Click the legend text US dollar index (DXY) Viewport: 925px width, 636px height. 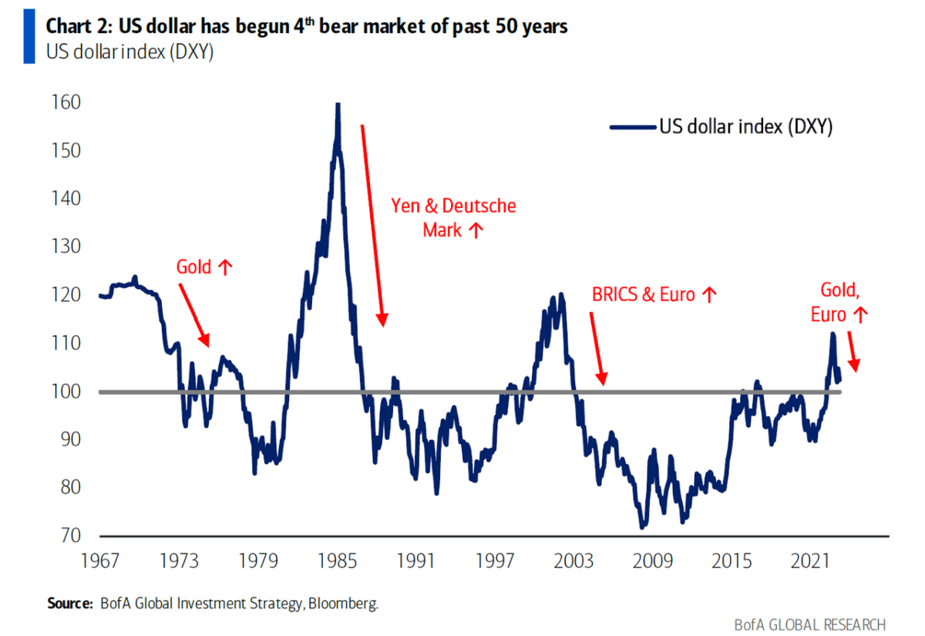point(745,127)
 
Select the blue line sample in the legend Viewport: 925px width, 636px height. point(632,127)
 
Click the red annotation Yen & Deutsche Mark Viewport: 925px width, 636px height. point(453,217)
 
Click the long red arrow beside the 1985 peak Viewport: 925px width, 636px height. point(372,224)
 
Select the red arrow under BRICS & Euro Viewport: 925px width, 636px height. point(597,347)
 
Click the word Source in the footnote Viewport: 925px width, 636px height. point(69,604)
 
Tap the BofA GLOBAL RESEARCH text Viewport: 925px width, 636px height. point(809,624)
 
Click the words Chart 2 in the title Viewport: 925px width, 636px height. point(79,26)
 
